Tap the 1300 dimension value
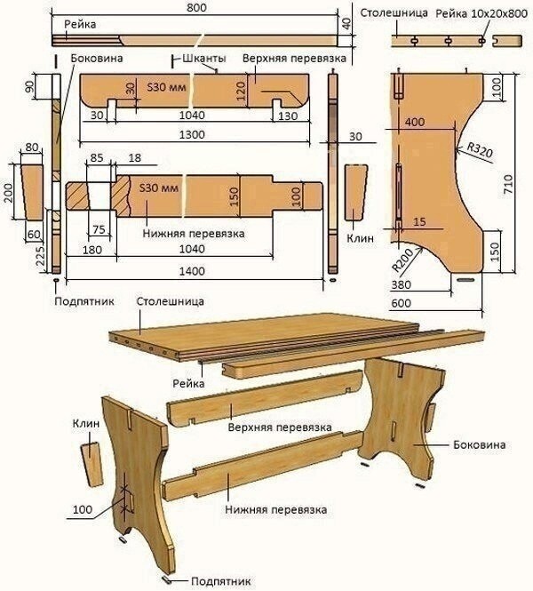[192, 134]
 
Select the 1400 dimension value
[193, 270]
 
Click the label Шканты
[203, 58]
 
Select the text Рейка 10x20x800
[479, 12]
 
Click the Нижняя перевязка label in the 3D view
[275, 510]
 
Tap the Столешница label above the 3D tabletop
[167, 302]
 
